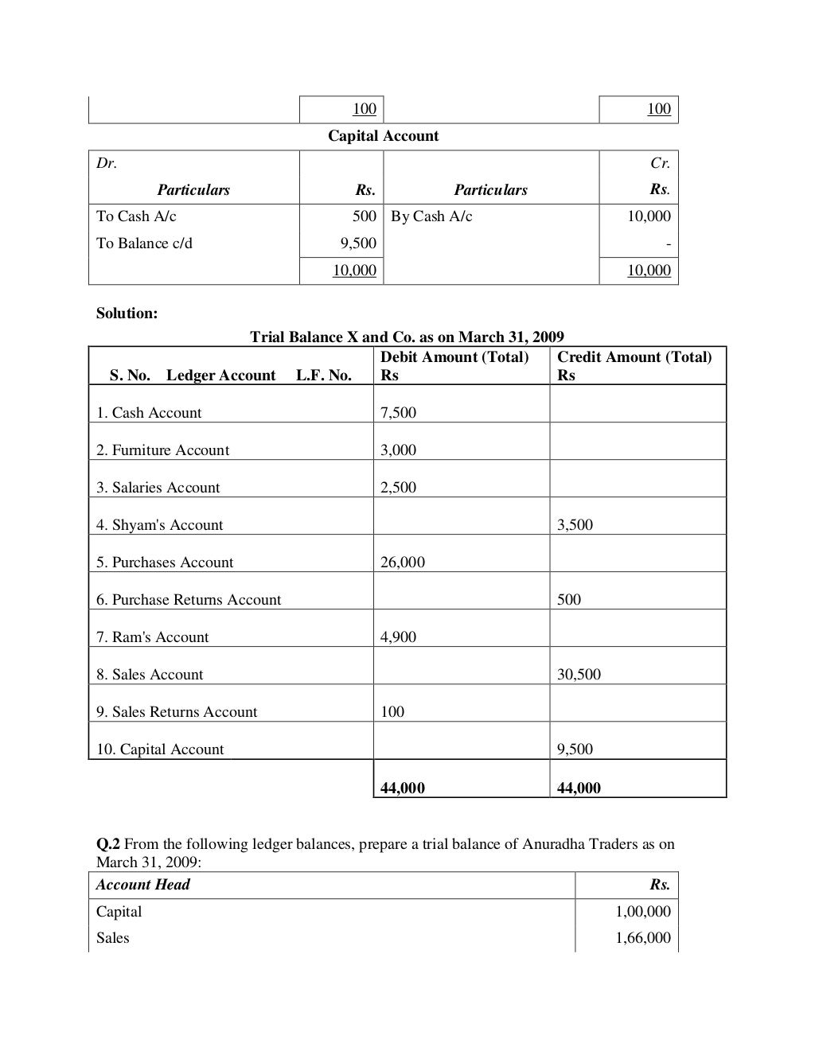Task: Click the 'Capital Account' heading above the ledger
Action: pos(383,136)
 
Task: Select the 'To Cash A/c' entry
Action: pos(136,216)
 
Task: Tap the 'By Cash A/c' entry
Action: pos(431,216)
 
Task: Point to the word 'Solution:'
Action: pos(127,313)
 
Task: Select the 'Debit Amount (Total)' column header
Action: pos(454,357)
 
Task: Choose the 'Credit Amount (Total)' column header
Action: pos(634,357)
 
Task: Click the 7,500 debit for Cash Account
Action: pos(398,413)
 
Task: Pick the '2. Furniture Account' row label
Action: pos(162,450)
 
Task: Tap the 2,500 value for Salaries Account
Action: pos(398,488)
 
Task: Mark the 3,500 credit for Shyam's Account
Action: pos(575,525)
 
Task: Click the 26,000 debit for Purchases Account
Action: pos(403,563)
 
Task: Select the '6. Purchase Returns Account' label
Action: pos(189,600)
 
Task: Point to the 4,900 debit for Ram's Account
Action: pos(398,637)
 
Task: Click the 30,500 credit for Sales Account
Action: pos(579,675)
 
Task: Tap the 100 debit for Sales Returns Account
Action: pos(392,712)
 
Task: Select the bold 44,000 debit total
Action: pos(403,788)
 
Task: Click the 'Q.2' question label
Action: pos(108,844)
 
